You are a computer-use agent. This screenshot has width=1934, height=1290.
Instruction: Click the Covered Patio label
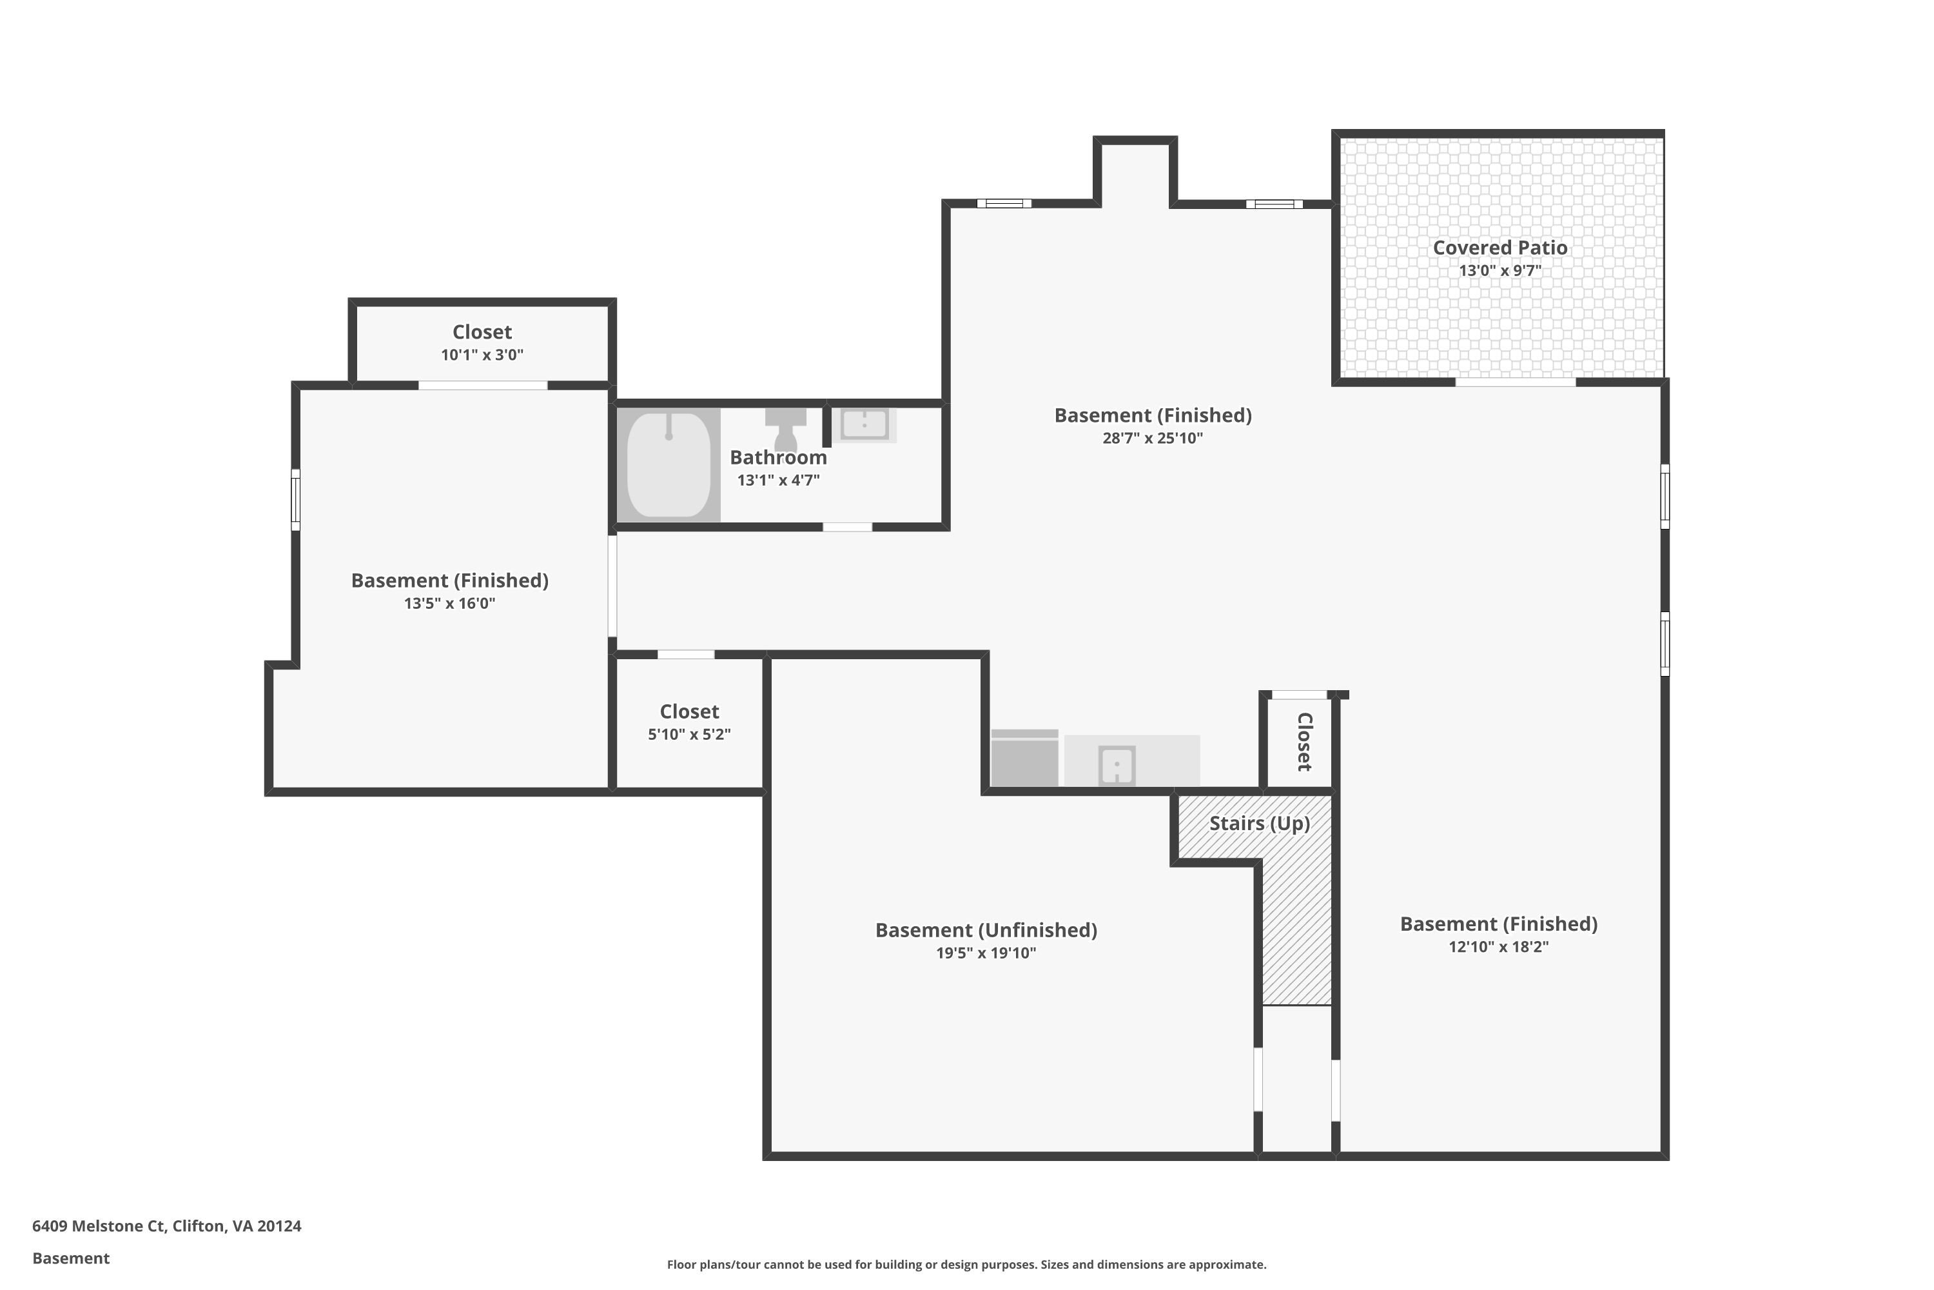tap(1500, 248)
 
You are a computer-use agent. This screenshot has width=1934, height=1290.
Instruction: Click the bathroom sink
tap(864, 424)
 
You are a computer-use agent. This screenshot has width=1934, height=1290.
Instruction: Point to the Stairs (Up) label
tap(1259, 824)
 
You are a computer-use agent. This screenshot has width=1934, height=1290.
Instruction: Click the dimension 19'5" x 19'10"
tap(986, 953)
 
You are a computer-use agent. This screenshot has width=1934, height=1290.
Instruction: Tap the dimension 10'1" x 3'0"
tap(482, 355)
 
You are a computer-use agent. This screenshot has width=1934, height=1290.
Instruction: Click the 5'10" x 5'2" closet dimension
tap(689, 734)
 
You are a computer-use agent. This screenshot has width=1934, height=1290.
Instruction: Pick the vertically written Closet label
tap(1304, 742)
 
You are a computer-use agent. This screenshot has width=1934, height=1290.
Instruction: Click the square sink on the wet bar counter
tap(1117, 766)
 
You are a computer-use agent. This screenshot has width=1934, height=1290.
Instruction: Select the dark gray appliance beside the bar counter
tap(1024, 758)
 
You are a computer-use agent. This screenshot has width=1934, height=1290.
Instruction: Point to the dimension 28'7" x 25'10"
tap(1153, 438)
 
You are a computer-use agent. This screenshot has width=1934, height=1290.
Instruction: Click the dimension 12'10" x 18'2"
tap(1498, 946)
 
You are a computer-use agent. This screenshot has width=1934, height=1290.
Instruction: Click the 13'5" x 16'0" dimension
tap(450, 603)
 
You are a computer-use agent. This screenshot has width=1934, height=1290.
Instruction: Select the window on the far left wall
tap(295, 499)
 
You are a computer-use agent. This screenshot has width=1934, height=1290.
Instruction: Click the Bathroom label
tap(778, 457)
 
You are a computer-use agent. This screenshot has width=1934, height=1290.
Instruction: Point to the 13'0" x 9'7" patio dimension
tap(1500, 270)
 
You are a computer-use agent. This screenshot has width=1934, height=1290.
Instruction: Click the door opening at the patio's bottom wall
tap(1516, 382)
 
